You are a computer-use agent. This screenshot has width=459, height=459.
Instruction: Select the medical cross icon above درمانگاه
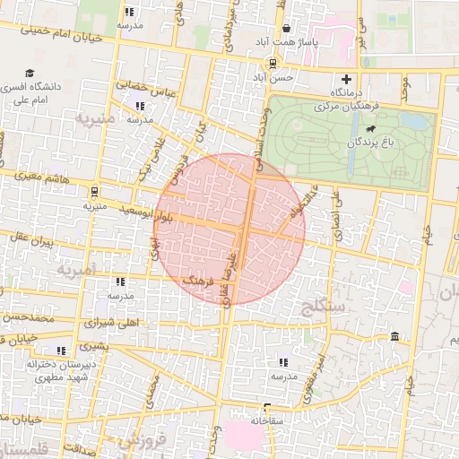tap(347, 79)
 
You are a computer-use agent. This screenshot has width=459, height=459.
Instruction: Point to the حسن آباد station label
tap(272, 77)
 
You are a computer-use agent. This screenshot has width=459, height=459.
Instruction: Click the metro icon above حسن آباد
tap(272, 64)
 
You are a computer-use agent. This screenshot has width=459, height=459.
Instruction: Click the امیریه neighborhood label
tap(76, 268)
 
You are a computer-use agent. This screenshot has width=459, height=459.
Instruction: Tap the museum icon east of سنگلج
tap(395, 336)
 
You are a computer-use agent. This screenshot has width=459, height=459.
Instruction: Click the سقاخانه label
tap(267, 420)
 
